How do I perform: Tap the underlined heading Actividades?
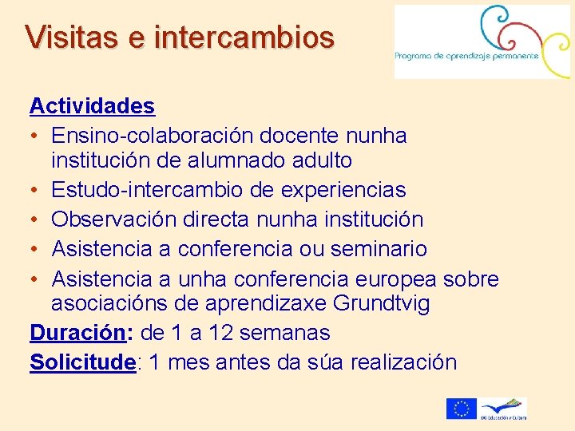[x=92, y=105]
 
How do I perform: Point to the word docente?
[x=301, y=136]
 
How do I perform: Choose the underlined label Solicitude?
[x=82, y=362]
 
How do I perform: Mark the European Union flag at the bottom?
[x=461, y=409]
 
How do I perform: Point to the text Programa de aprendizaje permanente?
[x=467, y=55]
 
